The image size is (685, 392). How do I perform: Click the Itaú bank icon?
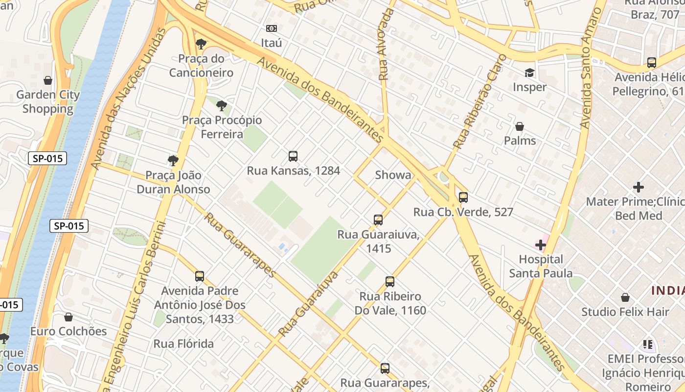point(271,28)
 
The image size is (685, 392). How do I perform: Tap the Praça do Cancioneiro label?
point(201,66)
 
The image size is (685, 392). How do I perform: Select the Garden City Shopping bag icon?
point(48,80)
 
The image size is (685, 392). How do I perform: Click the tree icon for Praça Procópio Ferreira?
point(222,105)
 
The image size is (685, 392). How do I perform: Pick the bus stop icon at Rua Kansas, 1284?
point(293,156)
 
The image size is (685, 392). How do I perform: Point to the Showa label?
point(393,175)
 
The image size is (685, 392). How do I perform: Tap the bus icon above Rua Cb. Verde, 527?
point(463,197)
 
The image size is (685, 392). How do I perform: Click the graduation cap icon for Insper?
point(529,73)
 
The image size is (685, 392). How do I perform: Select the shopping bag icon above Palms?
point(520,126)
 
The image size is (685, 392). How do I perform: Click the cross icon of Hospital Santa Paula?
point(541,245)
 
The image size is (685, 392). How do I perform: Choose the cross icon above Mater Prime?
point(638,187)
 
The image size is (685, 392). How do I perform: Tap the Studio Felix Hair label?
point(625,312)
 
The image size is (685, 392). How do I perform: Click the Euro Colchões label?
point(68,331)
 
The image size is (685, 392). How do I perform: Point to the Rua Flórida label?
point(183,343)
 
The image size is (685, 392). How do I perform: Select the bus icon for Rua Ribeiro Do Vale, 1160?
point(389,282)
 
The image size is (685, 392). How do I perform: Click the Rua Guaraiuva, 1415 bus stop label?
point(378,242)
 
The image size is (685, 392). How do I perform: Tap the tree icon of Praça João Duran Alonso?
point(173,161)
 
